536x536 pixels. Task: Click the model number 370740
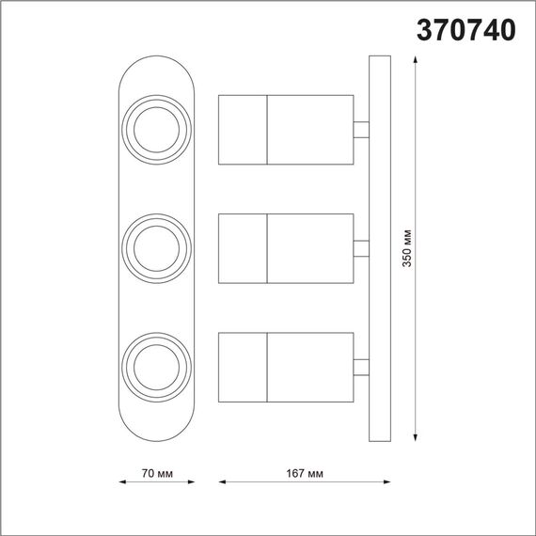[465, 30]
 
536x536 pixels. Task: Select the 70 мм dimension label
[156, 472]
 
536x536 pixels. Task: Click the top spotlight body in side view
[285, 129]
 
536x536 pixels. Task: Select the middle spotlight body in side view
[285, 248]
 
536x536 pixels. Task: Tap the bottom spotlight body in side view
[285, 366]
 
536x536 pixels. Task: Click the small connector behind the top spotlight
[361, 130]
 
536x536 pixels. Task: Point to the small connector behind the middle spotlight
[361, 248]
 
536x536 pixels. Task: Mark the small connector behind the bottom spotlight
[361, 366]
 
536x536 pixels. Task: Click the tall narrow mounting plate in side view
[378, 248]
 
